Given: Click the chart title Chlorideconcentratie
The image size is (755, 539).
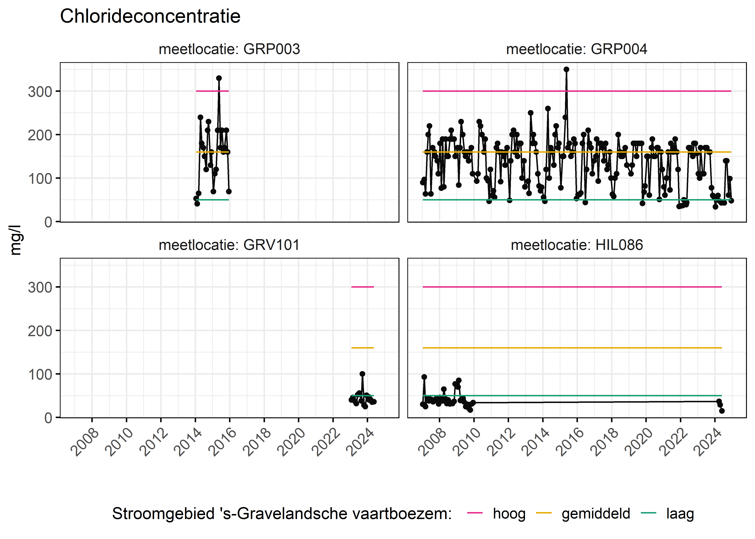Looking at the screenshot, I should [x=150, y=16].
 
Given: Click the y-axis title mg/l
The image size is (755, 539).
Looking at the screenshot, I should [x=16, y=240].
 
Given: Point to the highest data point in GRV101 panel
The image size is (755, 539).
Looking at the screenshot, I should [x=362, y=374].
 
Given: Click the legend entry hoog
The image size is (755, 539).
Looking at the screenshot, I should [x=509, y=514].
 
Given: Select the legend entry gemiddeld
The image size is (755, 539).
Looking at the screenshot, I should [x=596, y=514].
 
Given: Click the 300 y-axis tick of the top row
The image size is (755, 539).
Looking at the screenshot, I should [x=40, y=92].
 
